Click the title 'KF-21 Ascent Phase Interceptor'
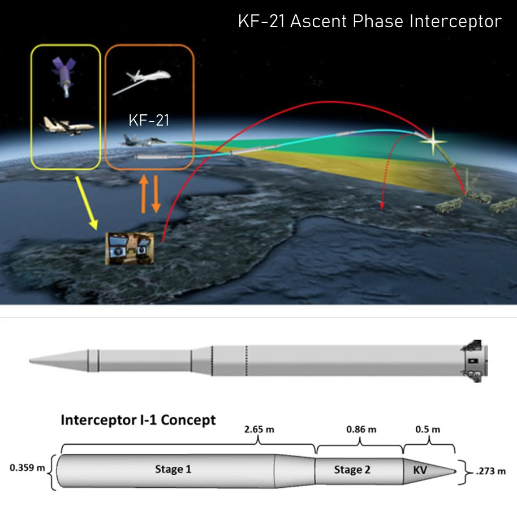pos(369,22)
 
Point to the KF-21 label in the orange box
pos(148,121)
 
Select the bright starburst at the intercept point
pos(433,141)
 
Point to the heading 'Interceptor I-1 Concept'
pos(138,420)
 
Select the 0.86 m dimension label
pos(361,429)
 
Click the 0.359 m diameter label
pos(27,468)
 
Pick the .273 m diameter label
pos(489,470)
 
